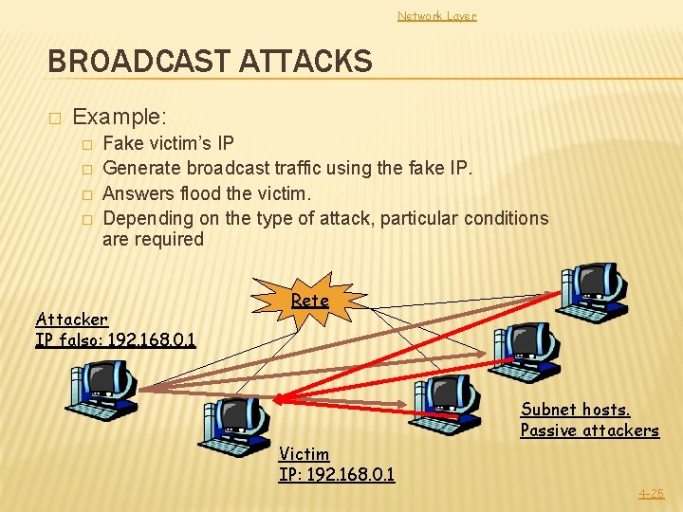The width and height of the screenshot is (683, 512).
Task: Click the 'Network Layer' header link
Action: (x=436, y=15)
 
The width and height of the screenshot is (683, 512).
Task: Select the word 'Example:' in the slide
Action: (x=120, y=118)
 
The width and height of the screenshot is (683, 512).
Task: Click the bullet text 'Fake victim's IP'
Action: (x=169, y=144)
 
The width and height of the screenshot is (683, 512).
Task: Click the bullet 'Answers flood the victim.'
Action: (x=207, y=192)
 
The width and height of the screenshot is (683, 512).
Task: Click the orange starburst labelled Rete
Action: (x=309, y=301)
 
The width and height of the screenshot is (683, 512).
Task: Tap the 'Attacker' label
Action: (x=72, y=320)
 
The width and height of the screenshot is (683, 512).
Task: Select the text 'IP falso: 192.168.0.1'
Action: (x=116, y=338)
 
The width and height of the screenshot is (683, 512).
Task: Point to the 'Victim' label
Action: (x=305, y=454)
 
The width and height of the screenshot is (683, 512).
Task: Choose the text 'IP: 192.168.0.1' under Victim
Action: (x=337, y=474)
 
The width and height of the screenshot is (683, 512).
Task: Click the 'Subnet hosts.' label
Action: (x=575, y=410)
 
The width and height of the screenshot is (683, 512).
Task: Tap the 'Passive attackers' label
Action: (x=589, y=430)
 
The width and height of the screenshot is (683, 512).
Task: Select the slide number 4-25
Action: (x=651, y=493)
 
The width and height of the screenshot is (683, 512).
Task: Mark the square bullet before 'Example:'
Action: (x=55, y=119)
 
